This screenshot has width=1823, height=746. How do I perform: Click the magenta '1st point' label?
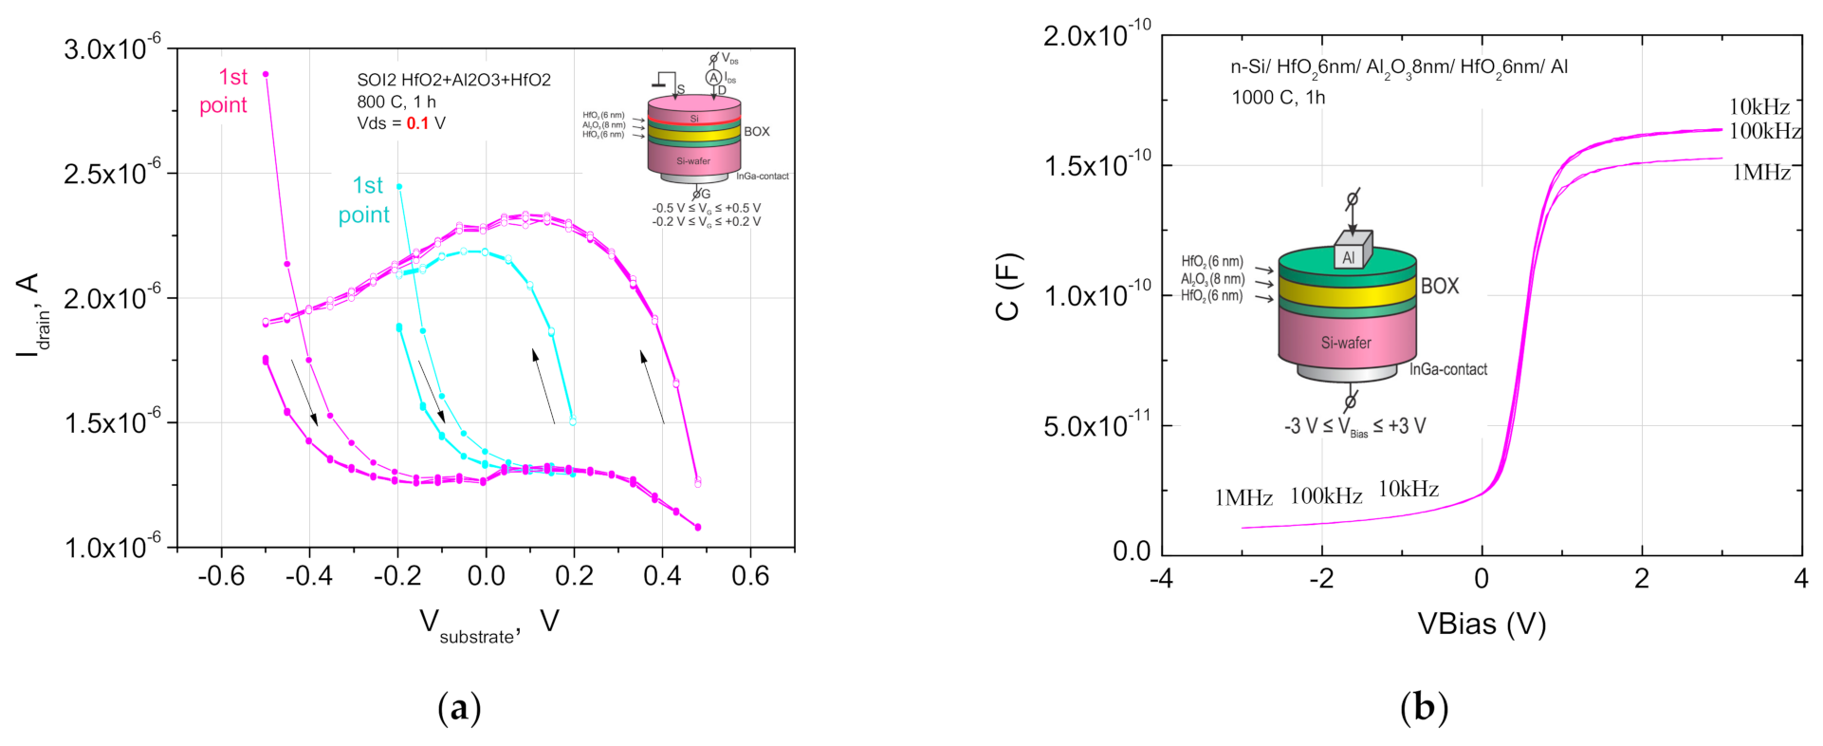225,91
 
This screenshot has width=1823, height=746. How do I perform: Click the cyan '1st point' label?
365,200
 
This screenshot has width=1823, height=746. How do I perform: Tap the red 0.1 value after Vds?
417,123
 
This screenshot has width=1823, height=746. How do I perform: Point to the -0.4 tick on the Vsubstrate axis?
309,575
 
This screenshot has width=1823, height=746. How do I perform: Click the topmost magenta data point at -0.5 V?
266,74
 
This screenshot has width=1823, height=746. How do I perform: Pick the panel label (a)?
459,708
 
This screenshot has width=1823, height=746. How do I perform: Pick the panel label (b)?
1424,708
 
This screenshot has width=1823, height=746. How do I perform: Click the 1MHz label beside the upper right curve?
1760,172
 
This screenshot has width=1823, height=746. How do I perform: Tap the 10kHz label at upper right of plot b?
1759,106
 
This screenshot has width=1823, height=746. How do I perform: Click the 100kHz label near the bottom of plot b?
1325,495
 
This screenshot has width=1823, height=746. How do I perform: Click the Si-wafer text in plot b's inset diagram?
1346,343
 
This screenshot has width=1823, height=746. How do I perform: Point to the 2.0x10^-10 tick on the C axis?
1096,36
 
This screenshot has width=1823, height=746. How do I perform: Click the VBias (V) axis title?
1481,624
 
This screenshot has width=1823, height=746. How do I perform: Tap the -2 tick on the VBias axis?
1321,578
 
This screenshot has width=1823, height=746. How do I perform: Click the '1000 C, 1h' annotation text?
1278,97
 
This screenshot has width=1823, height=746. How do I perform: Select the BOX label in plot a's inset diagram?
756,132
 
